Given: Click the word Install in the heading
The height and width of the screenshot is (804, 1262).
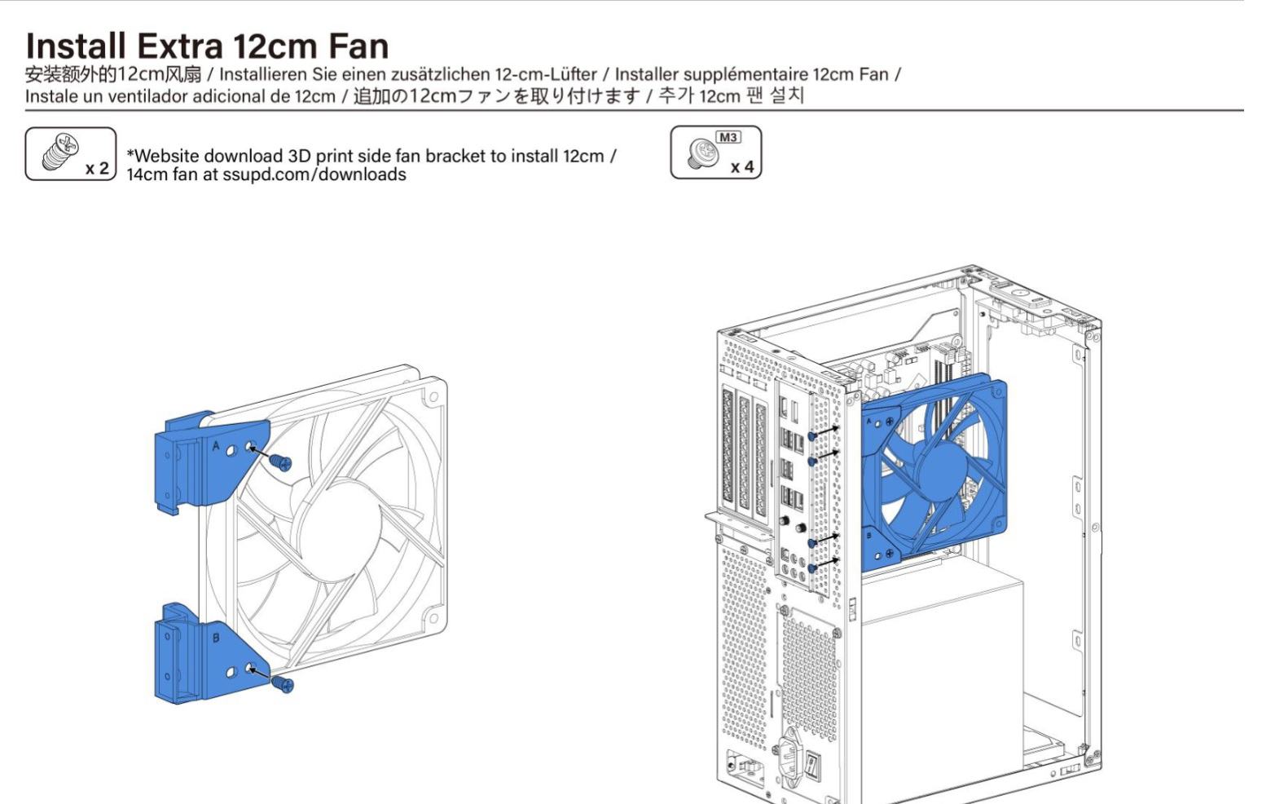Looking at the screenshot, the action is click(x=76, y=46).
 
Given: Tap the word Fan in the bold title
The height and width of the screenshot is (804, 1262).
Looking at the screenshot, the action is click(x=358, y=46).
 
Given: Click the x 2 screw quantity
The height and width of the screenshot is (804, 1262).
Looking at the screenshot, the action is click(x=97, y=168).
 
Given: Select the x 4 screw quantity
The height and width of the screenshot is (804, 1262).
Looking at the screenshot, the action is click(x=742, y=167).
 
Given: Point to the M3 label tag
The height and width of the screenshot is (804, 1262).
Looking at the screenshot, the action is click(x=728, y=137).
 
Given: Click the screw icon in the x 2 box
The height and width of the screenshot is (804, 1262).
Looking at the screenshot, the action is click(x=59, y=151).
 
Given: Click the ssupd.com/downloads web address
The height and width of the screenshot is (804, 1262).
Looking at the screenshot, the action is click(x=314, y=174).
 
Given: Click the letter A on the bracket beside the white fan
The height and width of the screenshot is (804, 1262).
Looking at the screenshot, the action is click(x=216, y=446).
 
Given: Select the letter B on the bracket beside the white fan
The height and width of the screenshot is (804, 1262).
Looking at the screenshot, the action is click(x=216, y=638).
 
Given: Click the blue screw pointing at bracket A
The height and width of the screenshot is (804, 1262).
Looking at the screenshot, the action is click(x=280, y=462).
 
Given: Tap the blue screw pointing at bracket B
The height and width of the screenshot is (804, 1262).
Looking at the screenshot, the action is click(x=282, y=684).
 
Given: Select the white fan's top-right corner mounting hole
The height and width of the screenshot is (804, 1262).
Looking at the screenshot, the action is click(x=433, y=396).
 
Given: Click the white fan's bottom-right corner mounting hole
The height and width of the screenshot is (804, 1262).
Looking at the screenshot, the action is click(x=433, y=618).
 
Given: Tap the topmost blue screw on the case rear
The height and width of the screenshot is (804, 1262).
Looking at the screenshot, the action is click(x=812, y=435).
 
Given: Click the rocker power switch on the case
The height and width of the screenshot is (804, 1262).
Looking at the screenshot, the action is click(x=812, y=765).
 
